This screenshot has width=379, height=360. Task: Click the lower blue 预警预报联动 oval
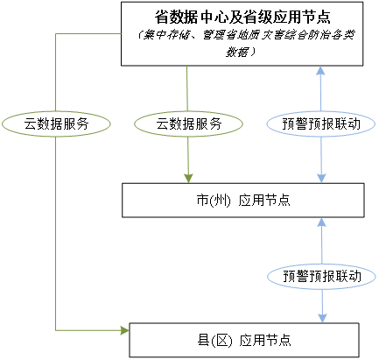pos(323,275)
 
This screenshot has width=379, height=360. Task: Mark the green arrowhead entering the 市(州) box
pos(189,177)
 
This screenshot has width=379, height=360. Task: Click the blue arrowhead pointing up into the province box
pos(323,73)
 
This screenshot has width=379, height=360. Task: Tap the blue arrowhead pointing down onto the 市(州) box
pos(323,177)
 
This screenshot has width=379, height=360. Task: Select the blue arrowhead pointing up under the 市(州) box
pos(323,224)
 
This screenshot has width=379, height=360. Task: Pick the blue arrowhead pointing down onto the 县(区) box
pos(323,317)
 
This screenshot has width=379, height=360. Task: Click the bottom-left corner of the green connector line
pos(55,330)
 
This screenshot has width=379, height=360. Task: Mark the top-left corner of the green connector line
pos(55,33)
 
